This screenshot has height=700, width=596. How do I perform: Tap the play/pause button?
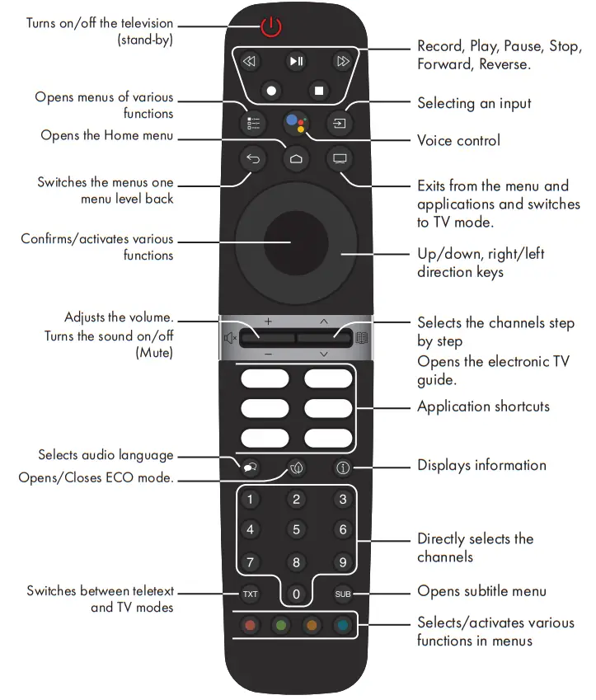pos(296,61)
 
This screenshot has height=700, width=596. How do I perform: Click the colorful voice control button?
pos(296,124)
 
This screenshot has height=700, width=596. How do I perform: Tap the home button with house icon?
pos(296,158)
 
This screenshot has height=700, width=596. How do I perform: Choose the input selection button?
pos(339,124)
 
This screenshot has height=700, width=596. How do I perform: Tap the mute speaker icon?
pos(230,336)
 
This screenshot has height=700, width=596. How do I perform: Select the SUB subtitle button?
pos(342,594)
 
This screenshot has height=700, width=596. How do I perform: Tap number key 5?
pos(296,530)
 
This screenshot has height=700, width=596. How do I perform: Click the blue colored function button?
pos(342,625)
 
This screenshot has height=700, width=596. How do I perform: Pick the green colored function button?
pos(281,625)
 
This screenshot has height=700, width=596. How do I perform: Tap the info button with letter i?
pos(342,467)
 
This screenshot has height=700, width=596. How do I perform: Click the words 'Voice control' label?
pos(458,140)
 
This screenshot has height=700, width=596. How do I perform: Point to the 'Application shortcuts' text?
pos(483,406)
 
